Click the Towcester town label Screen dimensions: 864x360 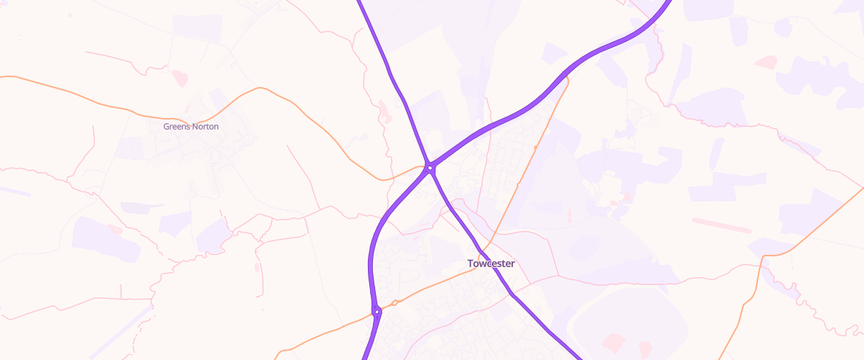pyautogui.click(x=491, y=264)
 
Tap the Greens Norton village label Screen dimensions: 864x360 pyautogui.click(x=191, y=127)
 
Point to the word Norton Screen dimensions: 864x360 pyautogui.click(x=205, y=127)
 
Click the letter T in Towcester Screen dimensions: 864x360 pyautogui.click(x=470, y=264)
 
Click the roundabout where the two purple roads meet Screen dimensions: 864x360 pyautogui.click(x=430, y=168)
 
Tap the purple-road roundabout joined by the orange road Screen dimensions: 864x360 pyautogui.click(x=376, y=312)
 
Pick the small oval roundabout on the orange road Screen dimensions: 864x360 pyautogui.click(x=395, y=303)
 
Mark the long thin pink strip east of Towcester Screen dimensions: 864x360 pyautogui.click(x=721, y=225)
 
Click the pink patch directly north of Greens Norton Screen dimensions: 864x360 pyautogui.click(x=179, y=78)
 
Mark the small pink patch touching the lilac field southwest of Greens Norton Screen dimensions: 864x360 pyautogui.click(x=114, y=229)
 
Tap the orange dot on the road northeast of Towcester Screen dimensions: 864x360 pyautogui.click(x=536, y=146)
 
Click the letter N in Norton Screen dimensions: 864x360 pyautogui.click(x=195, y=127)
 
